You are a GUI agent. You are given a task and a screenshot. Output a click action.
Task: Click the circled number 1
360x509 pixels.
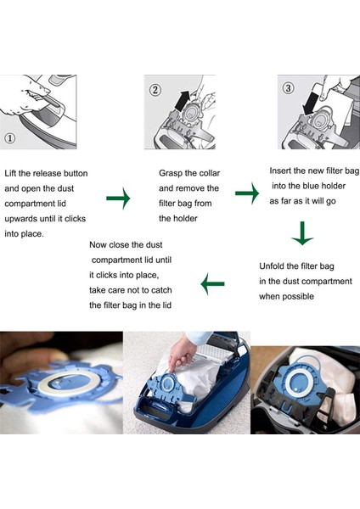click(x=9, y=138)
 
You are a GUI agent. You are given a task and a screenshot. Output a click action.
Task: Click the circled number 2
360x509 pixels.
click(x=155, y=90)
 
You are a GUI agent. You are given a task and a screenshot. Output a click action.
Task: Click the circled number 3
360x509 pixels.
click(x=288, y=88)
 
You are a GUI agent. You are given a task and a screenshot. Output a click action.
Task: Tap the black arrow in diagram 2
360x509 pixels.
click(x=183, y=101)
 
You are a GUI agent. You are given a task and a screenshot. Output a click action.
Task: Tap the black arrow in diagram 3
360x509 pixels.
click(x=310, y=103)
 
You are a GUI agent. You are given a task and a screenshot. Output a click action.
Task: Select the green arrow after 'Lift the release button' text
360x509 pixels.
click(x=118, y=198)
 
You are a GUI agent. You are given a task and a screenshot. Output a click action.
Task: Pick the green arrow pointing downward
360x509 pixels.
click(x=302, y=233)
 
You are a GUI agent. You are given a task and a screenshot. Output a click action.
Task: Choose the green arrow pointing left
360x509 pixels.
click(x=212, y=283)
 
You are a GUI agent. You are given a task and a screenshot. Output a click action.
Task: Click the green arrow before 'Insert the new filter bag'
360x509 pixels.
click(x=247, y=193)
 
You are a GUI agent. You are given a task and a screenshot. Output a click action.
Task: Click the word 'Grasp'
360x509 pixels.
click(x=171, y=173)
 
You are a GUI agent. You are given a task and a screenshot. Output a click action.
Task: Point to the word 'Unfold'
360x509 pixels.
click(x=271, y=266)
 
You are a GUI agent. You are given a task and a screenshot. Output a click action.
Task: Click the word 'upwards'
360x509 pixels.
click(x=20, y=219)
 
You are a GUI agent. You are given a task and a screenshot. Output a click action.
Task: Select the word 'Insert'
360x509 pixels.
click(x=279, y=171)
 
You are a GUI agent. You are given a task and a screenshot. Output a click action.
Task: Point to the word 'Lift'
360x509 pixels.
click(x=10, y=173)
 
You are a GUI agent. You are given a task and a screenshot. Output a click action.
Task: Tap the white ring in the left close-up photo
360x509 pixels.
click(x=62, y=384)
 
